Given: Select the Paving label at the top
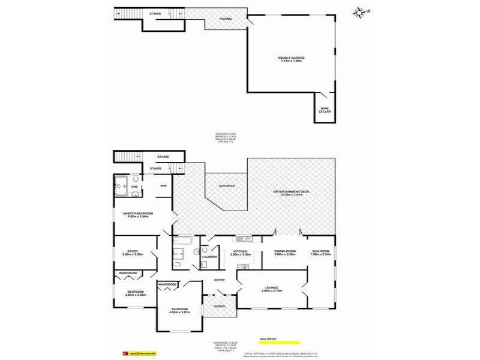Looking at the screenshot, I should [x=225, y=19].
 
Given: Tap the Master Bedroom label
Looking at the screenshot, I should [x=138, y=215].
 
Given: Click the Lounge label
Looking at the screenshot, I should [x=271, y=289].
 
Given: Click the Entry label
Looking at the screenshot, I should [x=219, y=280].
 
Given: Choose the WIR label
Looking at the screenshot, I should [x=163, y=185].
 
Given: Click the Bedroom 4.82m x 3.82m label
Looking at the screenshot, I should [x=180, y=311].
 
